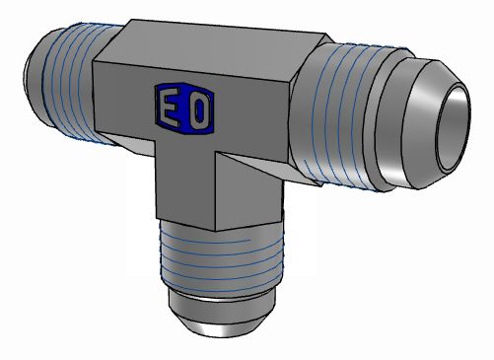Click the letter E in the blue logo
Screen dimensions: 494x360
170,107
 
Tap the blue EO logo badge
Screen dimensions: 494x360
184,108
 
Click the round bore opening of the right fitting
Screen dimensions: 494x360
453,128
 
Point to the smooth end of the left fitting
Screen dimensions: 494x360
35,77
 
